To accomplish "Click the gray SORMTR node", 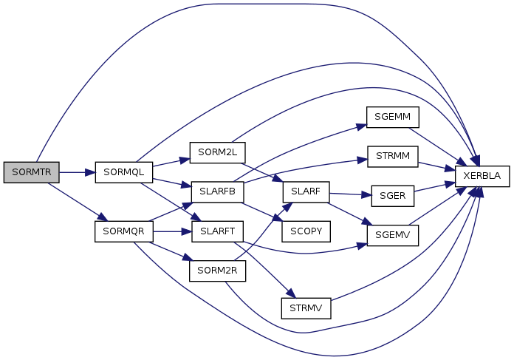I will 31,172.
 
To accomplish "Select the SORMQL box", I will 123,172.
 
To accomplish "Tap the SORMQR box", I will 123,231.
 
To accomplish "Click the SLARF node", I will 305,191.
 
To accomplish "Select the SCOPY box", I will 305,231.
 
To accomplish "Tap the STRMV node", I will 305,307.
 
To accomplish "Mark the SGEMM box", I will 393,117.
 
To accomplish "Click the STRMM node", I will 393,157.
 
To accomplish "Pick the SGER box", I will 393,196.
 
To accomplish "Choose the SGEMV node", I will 393,234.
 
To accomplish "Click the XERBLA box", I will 482,177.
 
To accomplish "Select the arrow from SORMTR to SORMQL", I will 77,172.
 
